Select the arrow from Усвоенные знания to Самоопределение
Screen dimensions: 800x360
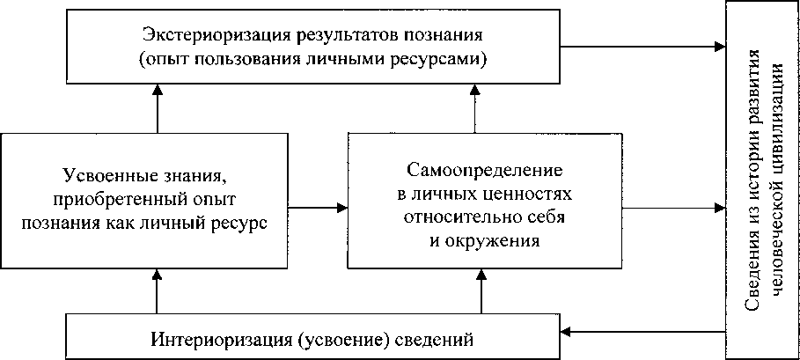(318, 207)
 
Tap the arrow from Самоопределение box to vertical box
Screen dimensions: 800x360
(674, 208)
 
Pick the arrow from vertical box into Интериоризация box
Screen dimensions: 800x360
(642, 332)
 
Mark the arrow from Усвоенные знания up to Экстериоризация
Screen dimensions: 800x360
(157, 109)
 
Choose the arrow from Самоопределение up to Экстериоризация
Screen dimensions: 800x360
(475, 109)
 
